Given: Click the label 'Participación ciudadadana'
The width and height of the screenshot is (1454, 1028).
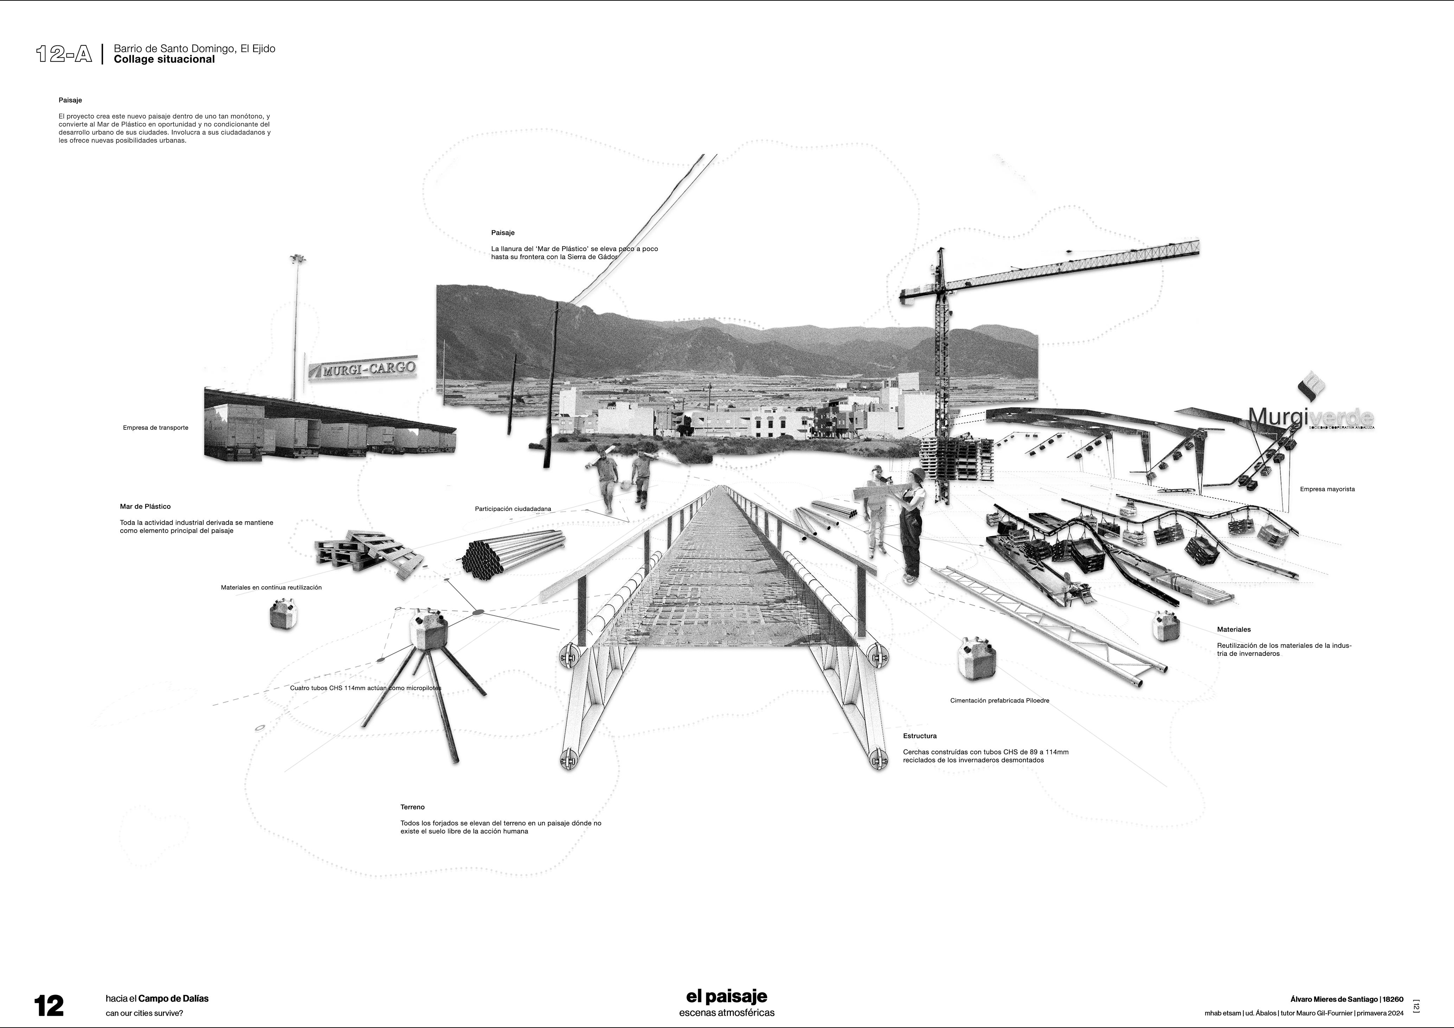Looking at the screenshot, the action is pyautogui.click(x=513, y=509).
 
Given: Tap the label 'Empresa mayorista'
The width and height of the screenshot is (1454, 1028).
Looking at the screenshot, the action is pyautogui.click(x=1327, y=489).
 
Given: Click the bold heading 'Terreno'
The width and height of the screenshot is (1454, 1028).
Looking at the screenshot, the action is pyautogui.click(x=412, y=807).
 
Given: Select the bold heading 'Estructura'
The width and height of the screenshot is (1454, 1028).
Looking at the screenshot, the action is pyautogui.click(x=919, y=736).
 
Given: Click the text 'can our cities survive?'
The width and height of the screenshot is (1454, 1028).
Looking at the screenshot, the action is pyautogui.click(x=145, y=1013).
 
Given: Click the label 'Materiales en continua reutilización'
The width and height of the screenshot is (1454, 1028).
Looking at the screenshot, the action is pyautogui.click(x=271, y=587).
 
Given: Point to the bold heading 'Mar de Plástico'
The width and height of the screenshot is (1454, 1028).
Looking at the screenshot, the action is pyautogui.click(x=145, y=507).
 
